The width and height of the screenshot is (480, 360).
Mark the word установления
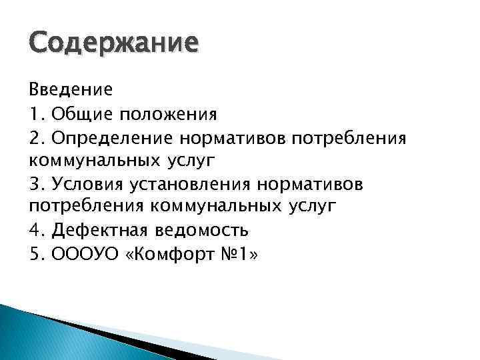[192, 184]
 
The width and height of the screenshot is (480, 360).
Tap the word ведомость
[202, 231]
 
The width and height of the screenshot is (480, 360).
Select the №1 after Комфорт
[236, 254]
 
